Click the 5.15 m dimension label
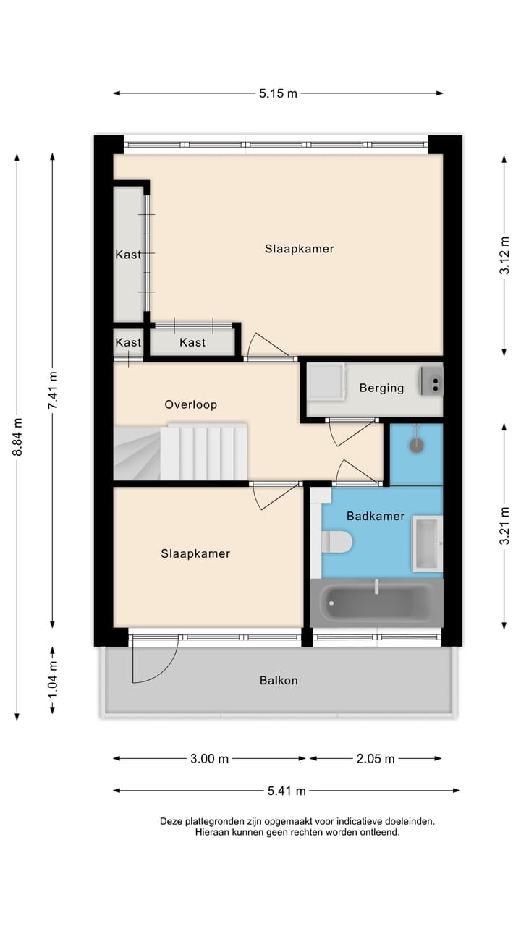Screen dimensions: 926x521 pos(278,93)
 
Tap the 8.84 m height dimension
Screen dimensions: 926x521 pos(17,437)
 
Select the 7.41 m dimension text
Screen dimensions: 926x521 pos(52,391)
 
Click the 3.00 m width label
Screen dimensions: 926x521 pos(209,759)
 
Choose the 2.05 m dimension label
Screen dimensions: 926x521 pos(376,759)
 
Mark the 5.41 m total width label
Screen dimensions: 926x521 pos(287,791)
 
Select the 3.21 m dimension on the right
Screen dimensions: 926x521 pos(505,525)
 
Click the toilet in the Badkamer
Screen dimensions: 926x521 pos(336,541)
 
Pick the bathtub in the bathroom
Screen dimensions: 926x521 pos(376,602)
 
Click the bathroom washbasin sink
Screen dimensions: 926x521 pos(427,543)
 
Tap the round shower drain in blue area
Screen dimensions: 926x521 pos(416,446)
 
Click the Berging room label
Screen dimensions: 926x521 pos(381,388)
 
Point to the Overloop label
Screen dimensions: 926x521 pos(190,404)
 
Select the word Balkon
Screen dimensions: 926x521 pos(279,680)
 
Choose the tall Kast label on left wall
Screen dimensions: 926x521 pos(128,255)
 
